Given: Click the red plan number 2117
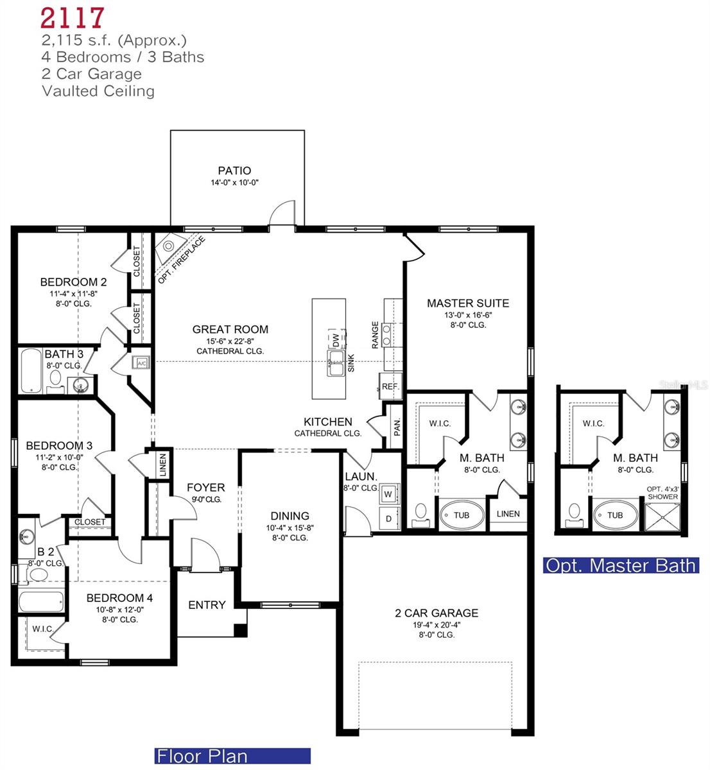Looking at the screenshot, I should coord(73,18).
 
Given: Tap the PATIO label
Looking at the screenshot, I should coord(234,171).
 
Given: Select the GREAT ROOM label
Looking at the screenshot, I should coord(230,329).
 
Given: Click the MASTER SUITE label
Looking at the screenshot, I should coord(468,303).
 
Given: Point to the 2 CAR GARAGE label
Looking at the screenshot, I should coord(436,613).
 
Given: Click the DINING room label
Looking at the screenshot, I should coord(290,515).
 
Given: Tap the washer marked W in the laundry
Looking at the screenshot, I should coord(388,495).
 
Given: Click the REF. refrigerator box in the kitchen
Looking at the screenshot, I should coord(390,387).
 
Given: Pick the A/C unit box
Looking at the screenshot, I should coord(141,363).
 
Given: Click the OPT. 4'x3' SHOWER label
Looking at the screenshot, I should coord(662,492).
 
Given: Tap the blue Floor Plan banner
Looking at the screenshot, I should coord(232,756).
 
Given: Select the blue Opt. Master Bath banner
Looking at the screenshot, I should coord(621,565).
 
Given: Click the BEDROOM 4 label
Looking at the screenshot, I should coord(119,598).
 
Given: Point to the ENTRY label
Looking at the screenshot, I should coord(207,604).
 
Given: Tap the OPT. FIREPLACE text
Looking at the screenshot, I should coord(182,261).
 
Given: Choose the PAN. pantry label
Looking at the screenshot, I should coord(397,426).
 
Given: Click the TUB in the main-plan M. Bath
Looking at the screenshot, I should coord(462,515).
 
